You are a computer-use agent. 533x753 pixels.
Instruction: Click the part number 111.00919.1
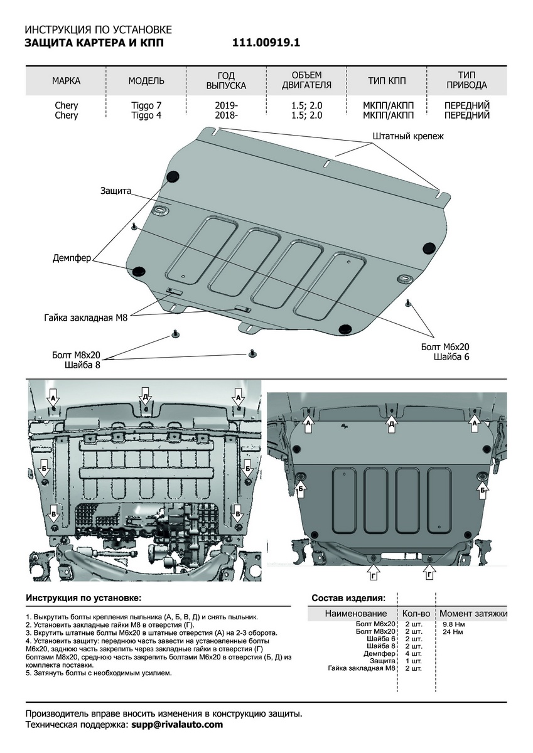pos(266,43)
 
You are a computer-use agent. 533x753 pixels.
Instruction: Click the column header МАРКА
pos(66,81)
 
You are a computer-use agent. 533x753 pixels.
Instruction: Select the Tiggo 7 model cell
pos(146,105)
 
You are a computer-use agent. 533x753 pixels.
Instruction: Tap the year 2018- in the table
pos(226,115)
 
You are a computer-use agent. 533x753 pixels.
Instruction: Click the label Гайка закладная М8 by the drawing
pos(86,318)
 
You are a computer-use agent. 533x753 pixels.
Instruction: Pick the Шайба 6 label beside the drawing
pos(451,356)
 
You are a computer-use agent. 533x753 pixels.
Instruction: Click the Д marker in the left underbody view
pos(145,397)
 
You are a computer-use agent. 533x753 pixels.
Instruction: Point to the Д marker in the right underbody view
pos(392,424)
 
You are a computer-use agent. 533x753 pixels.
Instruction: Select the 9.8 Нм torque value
pos(453,624)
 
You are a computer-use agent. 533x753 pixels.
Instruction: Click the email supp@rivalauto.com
pos(177,724)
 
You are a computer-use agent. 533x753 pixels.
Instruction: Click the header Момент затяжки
pos(473,613)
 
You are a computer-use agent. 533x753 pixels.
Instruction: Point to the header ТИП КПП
pos(387,81)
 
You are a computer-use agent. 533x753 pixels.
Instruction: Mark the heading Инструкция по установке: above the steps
pos(83,597)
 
